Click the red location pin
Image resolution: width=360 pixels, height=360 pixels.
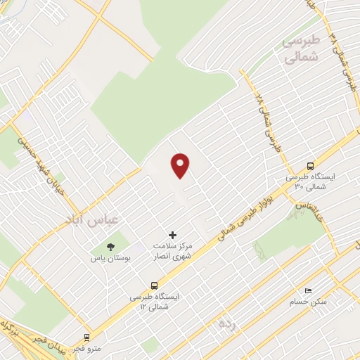tap(181, 165)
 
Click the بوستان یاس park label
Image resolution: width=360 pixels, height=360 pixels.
tap(110, 259)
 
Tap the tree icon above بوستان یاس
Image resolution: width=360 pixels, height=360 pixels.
tap(110, 246)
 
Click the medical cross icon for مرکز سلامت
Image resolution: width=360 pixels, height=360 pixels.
tap(173, 234)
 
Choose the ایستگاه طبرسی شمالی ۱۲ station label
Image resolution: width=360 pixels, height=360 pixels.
tap(154, 302)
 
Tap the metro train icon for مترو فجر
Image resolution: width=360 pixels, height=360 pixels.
tap(87, 337)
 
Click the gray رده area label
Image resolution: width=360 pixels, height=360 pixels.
tap(225, 323)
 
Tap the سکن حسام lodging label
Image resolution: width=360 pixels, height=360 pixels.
tap(308, 302)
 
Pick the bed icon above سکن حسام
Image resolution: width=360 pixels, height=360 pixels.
tap(307, 290)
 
